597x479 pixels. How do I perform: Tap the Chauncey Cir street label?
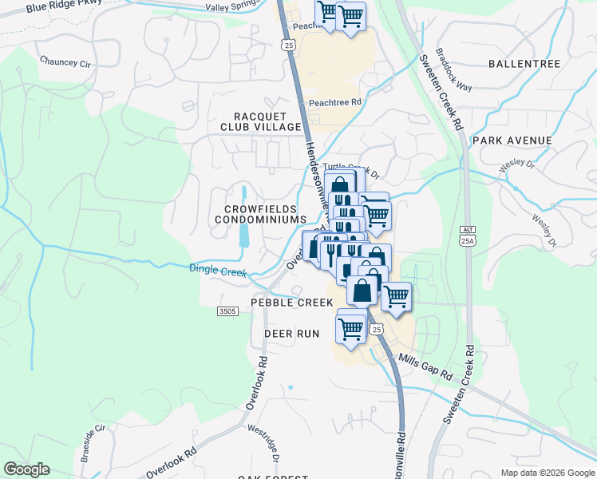point(65,61)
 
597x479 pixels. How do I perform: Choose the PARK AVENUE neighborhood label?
point(512,141)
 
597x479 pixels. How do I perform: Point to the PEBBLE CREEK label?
point(291,303)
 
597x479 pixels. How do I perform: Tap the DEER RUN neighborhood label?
point(291,333)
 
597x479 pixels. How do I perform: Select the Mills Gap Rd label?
point(425,365)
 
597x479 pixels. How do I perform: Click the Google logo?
point(27,469)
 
